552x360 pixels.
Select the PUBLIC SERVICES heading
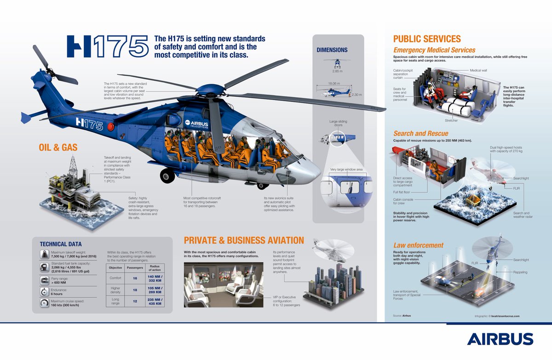click(426, 39)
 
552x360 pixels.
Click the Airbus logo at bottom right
click(500, 339)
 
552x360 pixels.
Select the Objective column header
click(115, 267)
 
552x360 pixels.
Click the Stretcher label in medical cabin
click(452, 120)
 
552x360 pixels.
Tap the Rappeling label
click(521, 272)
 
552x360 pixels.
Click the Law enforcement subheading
click(418, 245)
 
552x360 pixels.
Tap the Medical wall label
click(478, 70)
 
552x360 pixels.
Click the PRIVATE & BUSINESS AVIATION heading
click(244, 240)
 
